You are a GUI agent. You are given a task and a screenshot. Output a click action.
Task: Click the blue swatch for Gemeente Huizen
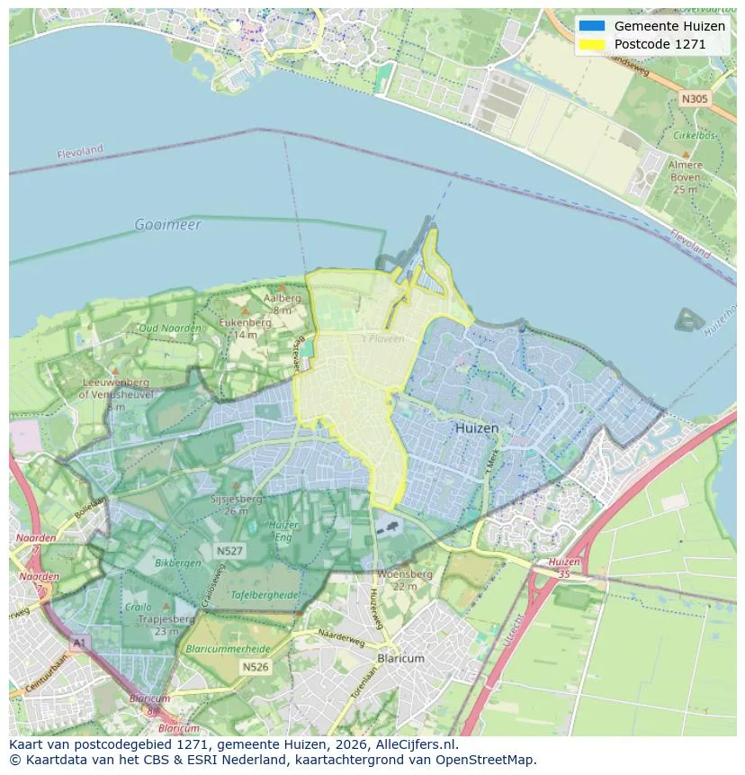click(592, 26)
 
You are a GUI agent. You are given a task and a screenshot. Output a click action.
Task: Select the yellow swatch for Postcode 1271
click(592, 44)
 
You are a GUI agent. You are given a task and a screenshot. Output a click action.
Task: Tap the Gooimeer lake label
click(167, 224)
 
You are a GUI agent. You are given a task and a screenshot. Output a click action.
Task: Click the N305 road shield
click(694, 99)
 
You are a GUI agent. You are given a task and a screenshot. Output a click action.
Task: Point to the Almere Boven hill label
click(685, 177)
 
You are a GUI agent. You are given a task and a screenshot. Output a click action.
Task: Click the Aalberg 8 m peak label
click(282, 303)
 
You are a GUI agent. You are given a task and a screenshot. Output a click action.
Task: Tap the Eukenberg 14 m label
click(246, 328)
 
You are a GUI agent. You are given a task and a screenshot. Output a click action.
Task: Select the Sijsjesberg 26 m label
click(236, 504)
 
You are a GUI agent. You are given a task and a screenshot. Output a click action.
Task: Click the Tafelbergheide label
click(238, 595)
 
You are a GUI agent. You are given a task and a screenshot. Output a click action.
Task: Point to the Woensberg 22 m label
click(405, 580)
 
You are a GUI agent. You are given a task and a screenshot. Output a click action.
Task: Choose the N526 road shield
click(255, 667)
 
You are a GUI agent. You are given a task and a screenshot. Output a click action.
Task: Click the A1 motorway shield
click(80, 642)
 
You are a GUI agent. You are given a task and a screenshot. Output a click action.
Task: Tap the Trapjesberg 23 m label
click(167, 625)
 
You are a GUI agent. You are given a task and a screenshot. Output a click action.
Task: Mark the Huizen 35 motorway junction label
click(564, 567)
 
